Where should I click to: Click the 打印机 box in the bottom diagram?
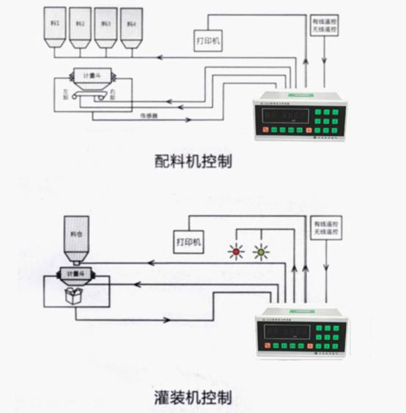tap(189, 241)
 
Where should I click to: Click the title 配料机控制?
tap(194, 160)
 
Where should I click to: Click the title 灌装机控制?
tap(194, 398)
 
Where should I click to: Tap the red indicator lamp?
tap(236, 253)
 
